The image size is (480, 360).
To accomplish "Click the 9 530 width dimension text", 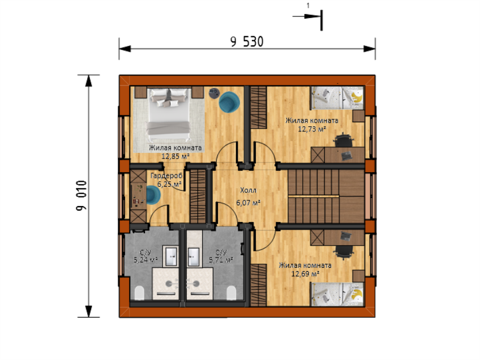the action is [x=247, y=42].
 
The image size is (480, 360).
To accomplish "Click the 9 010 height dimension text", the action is [x=82, y=196].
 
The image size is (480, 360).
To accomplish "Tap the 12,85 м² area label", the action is [x=175, y=156].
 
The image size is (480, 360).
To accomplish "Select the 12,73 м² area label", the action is [x=312, y=129].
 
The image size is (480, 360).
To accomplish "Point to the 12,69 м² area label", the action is [x=305, y=273].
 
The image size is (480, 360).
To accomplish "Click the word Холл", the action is [x=248, y=190].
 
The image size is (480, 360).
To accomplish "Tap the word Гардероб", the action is [x=166, y=175].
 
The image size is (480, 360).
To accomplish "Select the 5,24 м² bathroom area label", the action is [x=145, y=260].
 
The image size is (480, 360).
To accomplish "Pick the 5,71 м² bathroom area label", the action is [x=221, y=260].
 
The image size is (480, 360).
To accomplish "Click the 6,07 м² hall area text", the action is [x=248, y=202].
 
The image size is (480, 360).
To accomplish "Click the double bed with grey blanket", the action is [x=168, y=114].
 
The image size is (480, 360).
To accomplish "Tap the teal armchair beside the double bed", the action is [x=229, y=102].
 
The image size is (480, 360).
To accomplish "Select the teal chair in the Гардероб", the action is [x=153, y=195].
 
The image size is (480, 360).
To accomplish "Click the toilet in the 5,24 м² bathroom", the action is [x=139, y=293].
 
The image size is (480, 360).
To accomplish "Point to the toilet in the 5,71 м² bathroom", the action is [x=231, y=293].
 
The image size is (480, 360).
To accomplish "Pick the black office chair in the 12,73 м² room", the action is [x=344, y=140].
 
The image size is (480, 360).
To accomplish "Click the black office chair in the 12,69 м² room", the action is [x=344, y=252].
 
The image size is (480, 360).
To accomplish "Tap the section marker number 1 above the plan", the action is [x=308, y=6].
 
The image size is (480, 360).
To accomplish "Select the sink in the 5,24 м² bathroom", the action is [x=170, y=256].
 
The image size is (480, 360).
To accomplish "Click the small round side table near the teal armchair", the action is [x=214, y=93].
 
